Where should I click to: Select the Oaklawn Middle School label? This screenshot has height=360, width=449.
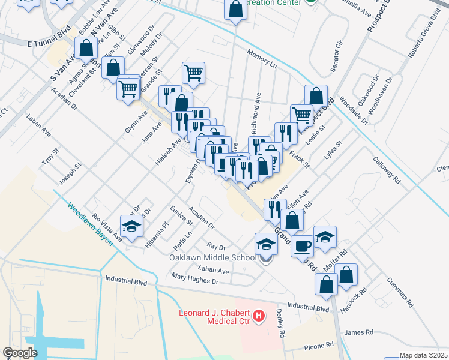[215, 258]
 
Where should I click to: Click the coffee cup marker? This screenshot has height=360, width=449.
[302, 245]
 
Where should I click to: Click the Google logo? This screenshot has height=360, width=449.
[20, 353]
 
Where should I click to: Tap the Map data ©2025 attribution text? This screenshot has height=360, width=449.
[424, 355]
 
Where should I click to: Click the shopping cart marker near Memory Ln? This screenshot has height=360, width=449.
[193, 73]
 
